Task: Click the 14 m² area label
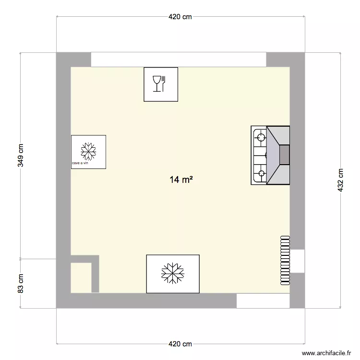(181, 180)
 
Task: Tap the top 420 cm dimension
(180, 17)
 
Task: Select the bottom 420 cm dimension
(180, 344)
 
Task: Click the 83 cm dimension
(21, 283)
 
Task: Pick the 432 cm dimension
(341, 180)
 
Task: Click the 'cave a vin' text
(80, 163)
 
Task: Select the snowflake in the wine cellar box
(88, 151)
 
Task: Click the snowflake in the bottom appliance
(172, 273)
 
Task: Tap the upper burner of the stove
(261, 138)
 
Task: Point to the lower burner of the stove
(261, 173)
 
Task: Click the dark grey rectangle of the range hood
(285, 155)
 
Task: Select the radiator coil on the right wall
(285, 260)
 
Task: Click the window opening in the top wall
(179, 60)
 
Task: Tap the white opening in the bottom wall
(263, 301)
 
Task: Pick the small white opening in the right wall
(297, 261)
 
